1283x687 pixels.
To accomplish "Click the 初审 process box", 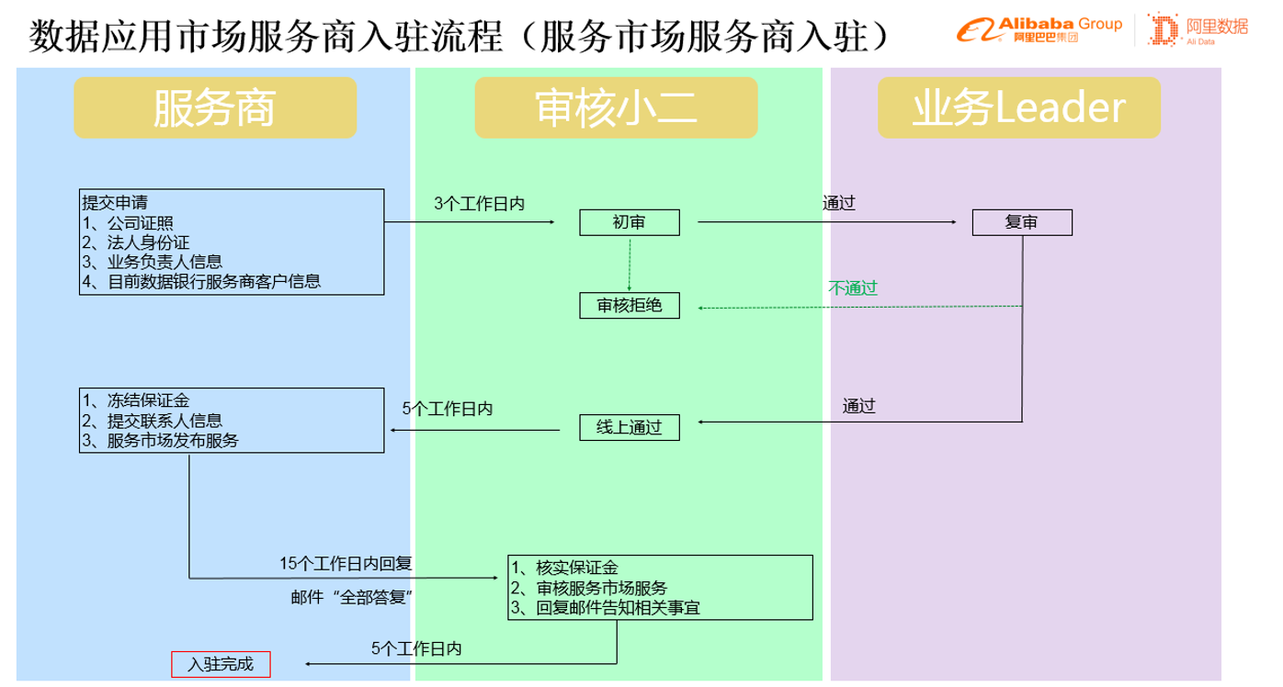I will pos(629,222).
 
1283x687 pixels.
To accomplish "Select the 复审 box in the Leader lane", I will pos(1021,222).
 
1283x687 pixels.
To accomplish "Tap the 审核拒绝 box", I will pos(629,305).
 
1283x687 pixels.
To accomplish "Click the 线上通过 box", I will pos(629,427).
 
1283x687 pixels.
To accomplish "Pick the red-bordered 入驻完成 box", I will pos(221,663).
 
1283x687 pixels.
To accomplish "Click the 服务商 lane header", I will pos(214,108).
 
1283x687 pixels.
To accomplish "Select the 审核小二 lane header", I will pos(616,108).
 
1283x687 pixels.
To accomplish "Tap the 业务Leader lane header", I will pos(1018,108).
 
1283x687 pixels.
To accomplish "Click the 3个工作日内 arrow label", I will pos(479,204).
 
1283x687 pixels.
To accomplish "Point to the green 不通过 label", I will pos(853,287).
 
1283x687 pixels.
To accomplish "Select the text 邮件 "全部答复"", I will pos(350,597).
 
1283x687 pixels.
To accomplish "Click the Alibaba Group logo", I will pos(1039,29).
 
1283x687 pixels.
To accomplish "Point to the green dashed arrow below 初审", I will pos(630,265).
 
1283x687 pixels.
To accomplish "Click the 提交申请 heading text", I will pos(115,202).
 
